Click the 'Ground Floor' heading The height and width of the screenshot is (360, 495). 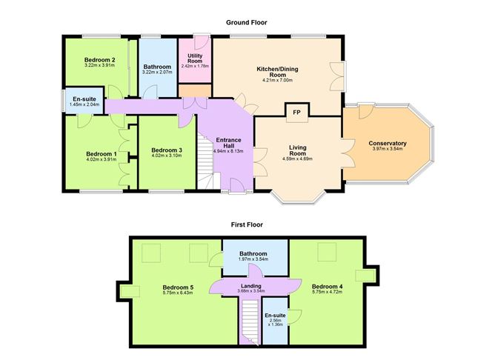247,23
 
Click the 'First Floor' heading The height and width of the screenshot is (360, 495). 247,224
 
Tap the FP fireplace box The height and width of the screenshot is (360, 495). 297,112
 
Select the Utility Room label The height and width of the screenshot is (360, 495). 196,56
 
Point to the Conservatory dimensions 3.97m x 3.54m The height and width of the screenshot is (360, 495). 388,149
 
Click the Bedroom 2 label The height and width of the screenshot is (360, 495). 99,59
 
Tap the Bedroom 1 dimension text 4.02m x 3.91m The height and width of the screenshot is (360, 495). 100,159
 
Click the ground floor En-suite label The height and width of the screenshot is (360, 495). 84,99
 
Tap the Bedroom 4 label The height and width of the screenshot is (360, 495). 326,286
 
